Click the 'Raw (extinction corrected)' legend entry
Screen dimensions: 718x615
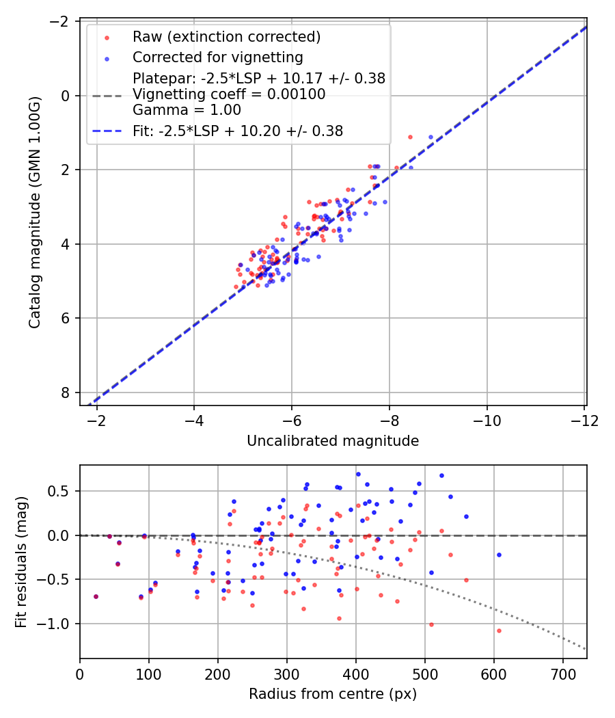click(226, 36)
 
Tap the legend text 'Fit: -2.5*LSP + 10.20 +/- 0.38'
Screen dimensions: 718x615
click(237, 131)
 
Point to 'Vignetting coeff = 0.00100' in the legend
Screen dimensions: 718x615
click(229, 94)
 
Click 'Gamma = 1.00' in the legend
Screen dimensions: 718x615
click(187, 109)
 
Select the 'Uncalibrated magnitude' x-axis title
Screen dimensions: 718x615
click(332, 441)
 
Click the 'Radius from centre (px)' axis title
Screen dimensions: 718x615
click(332, 694)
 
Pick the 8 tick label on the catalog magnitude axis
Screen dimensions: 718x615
click(65, 393)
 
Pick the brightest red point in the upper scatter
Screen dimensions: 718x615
click(410, 137)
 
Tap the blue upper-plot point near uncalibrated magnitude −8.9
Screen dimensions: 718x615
click(430, 137)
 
